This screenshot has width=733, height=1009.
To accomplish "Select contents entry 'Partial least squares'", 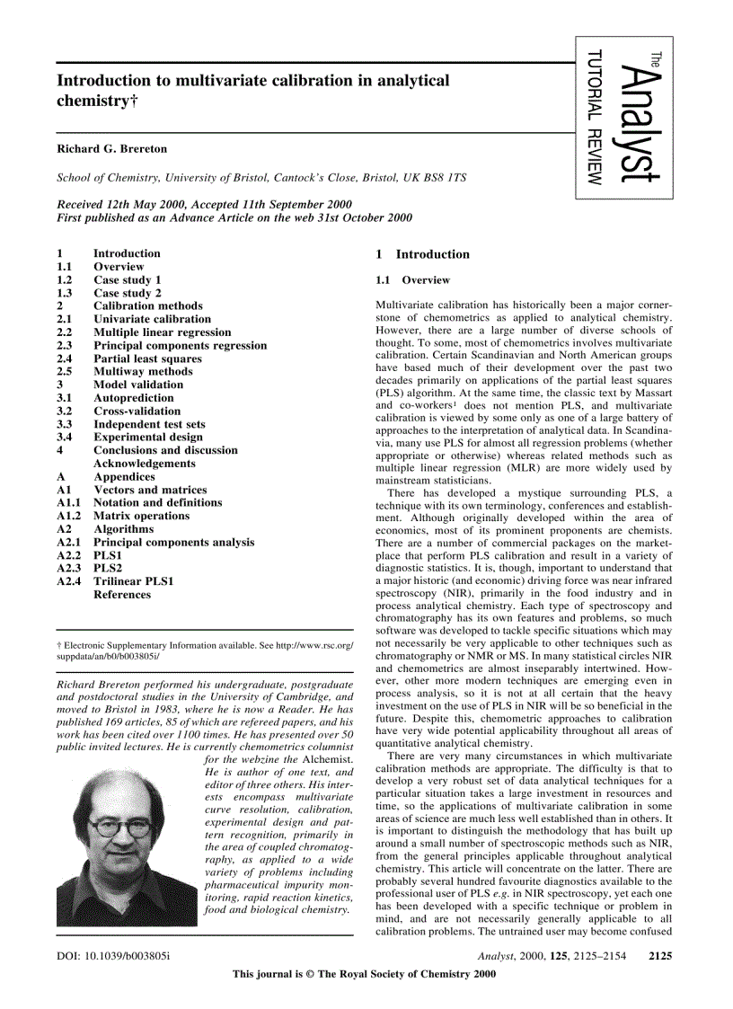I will [147, 358].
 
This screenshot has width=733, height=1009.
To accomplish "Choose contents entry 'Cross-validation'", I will [137, 412].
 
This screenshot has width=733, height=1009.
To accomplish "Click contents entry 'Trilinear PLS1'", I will [134, 581].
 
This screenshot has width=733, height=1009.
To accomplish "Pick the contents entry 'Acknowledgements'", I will [144, 464].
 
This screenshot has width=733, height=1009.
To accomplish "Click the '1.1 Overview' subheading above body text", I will [412, 280].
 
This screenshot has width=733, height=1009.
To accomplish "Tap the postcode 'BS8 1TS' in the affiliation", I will [443, 178].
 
